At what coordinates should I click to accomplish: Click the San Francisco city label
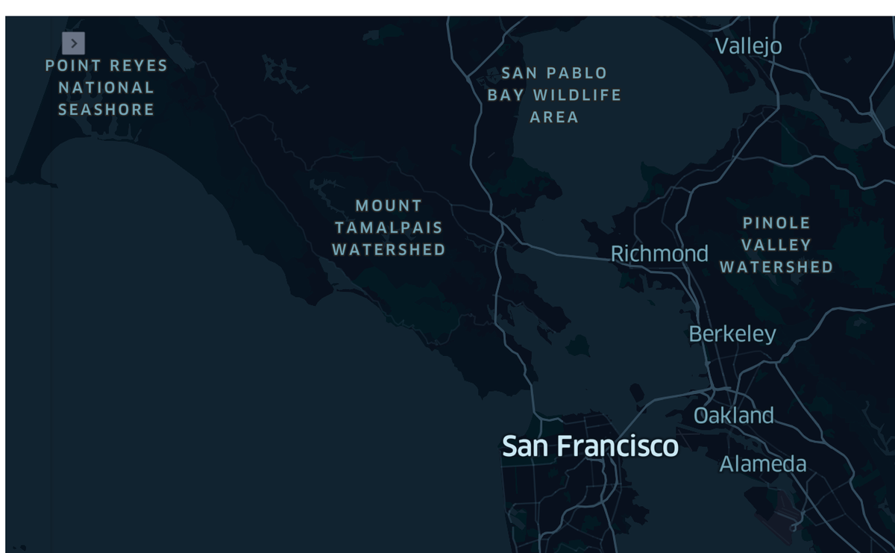pyautogui.click(x=590, y=446)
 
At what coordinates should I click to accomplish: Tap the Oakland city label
pyautogui.click(x=733, y=416)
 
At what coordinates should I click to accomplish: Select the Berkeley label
pyautogui.click(x=732, y=334)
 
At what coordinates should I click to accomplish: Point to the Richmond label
pyautogui.click(x=659, y=254)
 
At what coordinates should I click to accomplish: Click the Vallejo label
pyautogui.click(x=748, y=46)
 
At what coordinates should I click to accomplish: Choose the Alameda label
pyautogui.click(x=763, y=464)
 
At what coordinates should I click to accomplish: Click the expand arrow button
pyautogui.click(x=73, y=43)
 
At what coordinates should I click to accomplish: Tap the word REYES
pyautogui.click(x=138, y=66)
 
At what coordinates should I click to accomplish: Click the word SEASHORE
pyautogui.click(x=106, y=110)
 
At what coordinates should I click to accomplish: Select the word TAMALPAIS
pyautogui.click(x=389, y=228)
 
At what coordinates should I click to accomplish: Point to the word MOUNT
pyautogui.click(x=389, y=205)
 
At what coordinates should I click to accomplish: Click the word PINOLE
pyautogui.click(x=776, y=222)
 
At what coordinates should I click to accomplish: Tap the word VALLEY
pyautogui.click(x=776, y=245)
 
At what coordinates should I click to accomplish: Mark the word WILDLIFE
pyautogui.click(x=577, y=95)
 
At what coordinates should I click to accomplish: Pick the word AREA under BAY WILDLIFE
pyautogui.click(x=554, y=117)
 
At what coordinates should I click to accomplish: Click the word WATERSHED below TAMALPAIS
pyautogui.click(x=389, y=249)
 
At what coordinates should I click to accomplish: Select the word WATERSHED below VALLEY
pyautogui.click(x=776, y=267)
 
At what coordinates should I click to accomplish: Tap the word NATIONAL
pyautogui.click(x=106, y=87)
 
